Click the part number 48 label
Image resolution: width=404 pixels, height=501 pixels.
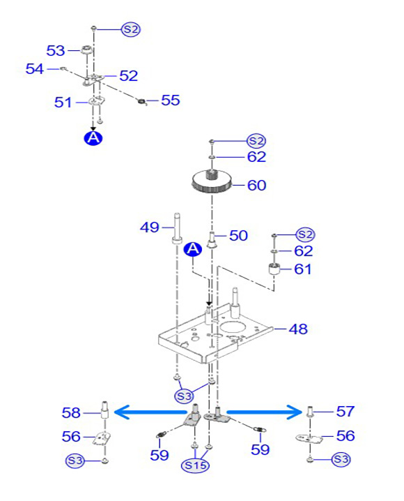tap(298, 329)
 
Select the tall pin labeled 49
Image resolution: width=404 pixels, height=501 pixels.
tap(178, 228)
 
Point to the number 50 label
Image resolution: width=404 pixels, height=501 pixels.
tap(238, 235)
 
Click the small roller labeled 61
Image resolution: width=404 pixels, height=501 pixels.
tap(274, 269)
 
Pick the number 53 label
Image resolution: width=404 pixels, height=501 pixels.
tap(56, 50)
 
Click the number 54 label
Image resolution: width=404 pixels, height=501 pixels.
tap(34, 68)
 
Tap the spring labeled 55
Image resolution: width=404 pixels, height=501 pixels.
tap(142, 101)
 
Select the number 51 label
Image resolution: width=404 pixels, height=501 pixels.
tap(63, 103)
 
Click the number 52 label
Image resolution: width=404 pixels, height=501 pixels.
tap(128, 76)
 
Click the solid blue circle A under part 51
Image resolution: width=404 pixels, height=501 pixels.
tap(93, 137)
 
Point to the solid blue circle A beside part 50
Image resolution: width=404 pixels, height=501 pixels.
tap(193, 249)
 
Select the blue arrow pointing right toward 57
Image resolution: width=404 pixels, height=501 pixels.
tap(264, 412)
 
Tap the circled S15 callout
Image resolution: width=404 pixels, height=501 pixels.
tap(195, 465)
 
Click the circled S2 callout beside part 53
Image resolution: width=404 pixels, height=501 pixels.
tap(131, 29)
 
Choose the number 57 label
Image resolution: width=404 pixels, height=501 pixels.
tap(345, 411)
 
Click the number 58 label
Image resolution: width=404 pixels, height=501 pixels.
tap(71, 413)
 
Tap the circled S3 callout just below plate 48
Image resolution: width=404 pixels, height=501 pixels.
tap(184, 396)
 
